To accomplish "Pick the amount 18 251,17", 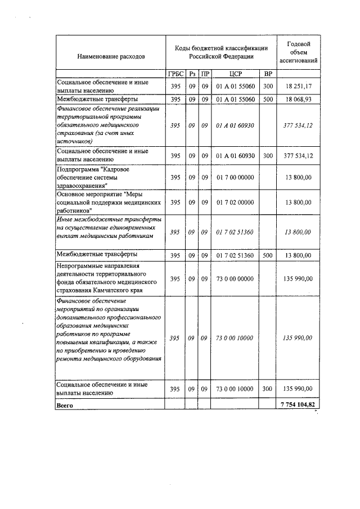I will (x=298, y=86).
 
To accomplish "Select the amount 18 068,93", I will (x=298, y=99).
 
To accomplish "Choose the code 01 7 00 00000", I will (x=235, y=178).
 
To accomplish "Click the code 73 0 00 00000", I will (x=235, y=278).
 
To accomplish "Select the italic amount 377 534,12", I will (x=298, y=125).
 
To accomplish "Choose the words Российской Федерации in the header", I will (x=221, y=56).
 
